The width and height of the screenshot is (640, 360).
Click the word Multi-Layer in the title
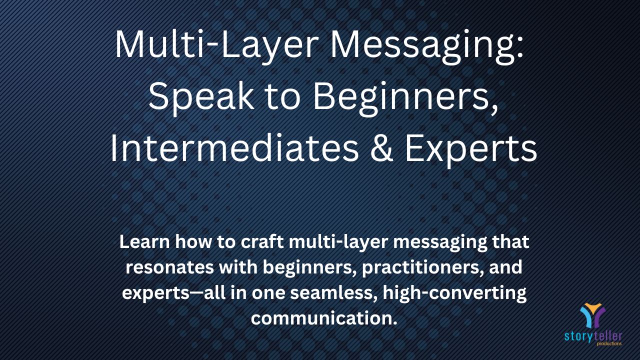217,45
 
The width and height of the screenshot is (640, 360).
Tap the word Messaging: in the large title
427,46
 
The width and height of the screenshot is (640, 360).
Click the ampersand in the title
381,148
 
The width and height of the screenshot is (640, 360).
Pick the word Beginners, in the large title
405,97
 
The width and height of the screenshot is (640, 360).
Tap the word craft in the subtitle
262,241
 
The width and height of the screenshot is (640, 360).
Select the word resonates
169,267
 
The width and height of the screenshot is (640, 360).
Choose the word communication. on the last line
324,318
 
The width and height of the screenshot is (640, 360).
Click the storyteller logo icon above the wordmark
593,315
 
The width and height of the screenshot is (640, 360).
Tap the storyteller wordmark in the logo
593,336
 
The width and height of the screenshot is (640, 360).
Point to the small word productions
609,343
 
